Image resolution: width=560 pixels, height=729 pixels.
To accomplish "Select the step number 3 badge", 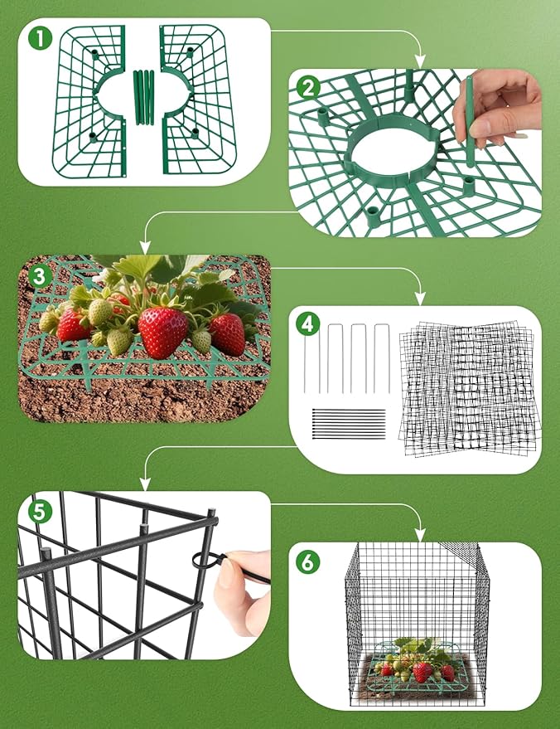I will click(38, 275).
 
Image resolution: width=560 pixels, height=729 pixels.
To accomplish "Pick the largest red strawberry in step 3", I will click(162, 331).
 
